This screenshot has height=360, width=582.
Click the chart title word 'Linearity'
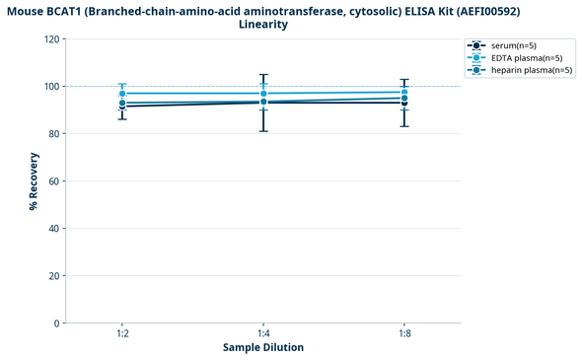pos(263,25)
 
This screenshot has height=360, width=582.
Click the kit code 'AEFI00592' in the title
pos(480,11)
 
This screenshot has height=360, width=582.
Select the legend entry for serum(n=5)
pos(513,45)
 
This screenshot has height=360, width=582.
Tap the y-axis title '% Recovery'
pos(33,181)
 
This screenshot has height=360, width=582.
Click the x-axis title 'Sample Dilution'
pos(263,347)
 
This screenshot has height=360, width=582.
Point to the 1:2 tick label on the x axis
pos(122,333)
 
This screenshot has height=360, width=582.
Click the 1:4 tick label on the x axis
pos(263,333)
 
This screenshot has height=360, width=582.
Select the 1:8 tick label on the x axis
pos(404,333)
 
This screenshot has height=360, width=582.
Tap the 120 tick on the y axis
pos(50,39)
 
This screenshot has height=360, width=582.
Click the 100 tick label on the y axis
pos(50,87)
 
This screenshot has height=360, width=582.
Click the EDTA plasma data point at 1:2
pos(122,94)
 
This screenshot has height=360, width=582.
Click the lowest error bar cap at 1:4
pos(263,131)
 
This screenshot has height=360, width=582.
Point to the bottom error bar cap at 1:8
pos(404,126)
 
